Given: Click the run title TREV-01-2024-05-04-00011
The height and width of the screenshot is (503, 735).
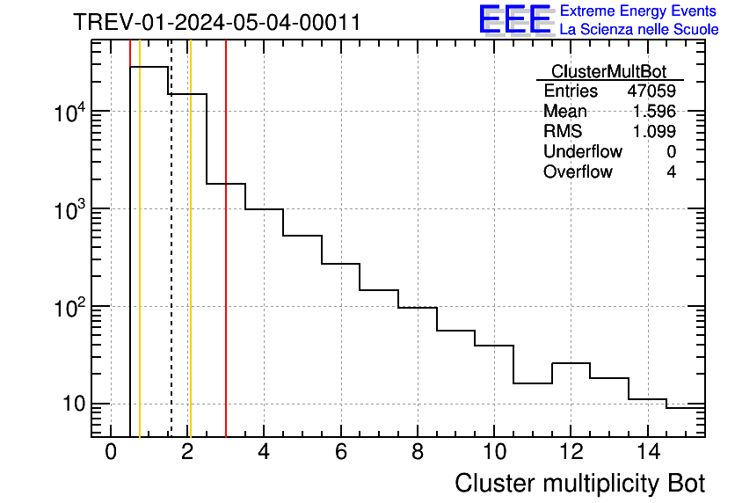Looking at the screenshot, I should pos(216,22).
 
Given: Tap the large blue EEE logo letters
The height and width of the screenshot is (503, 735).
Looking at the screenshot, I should pos(514,19).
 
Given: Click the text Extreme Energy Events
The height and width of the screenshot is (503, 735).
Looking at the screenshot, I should pos(639,11).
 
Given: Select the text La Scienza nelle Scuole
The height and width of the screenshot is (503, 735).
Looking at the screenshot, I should pos(639,29).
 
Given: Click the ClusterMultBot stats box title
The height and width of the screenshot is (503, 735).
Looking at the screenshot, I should pos(608,71).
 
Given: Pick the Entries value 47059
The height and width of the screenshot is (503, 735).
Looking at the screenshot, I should pos(651,91).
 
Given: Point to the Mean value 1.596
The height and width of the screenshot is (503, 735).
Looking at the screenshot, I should pos(654,112).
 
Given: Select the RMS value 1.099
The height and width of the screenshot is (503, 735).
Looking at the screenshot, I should pos(654,132).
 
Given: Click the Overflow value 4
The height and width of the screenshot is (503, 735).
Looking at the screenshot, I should pos(671,172).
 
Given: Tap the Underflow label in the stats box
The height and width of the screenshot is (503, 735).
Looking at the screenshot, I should pos(582,152).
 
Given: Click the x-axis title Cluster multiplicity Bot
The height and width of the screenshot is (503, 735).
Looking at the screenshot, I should pos(579,483).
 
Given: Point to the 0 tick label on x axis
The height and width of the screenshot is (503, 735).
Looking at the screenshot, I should pos(111,453).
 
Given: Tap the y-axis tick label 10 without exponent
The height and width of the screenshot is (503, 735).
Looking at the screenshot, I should pos(71,405).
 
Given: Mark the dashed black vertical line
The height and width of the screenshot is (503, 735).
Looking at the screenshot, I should pos(171,264).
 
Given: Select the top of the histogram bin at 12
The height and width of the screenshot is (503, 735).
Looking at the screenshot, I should pos(571,363).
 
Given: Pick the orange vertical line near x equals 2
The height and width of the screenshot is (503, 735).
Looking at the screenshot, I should pos(190,264).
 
